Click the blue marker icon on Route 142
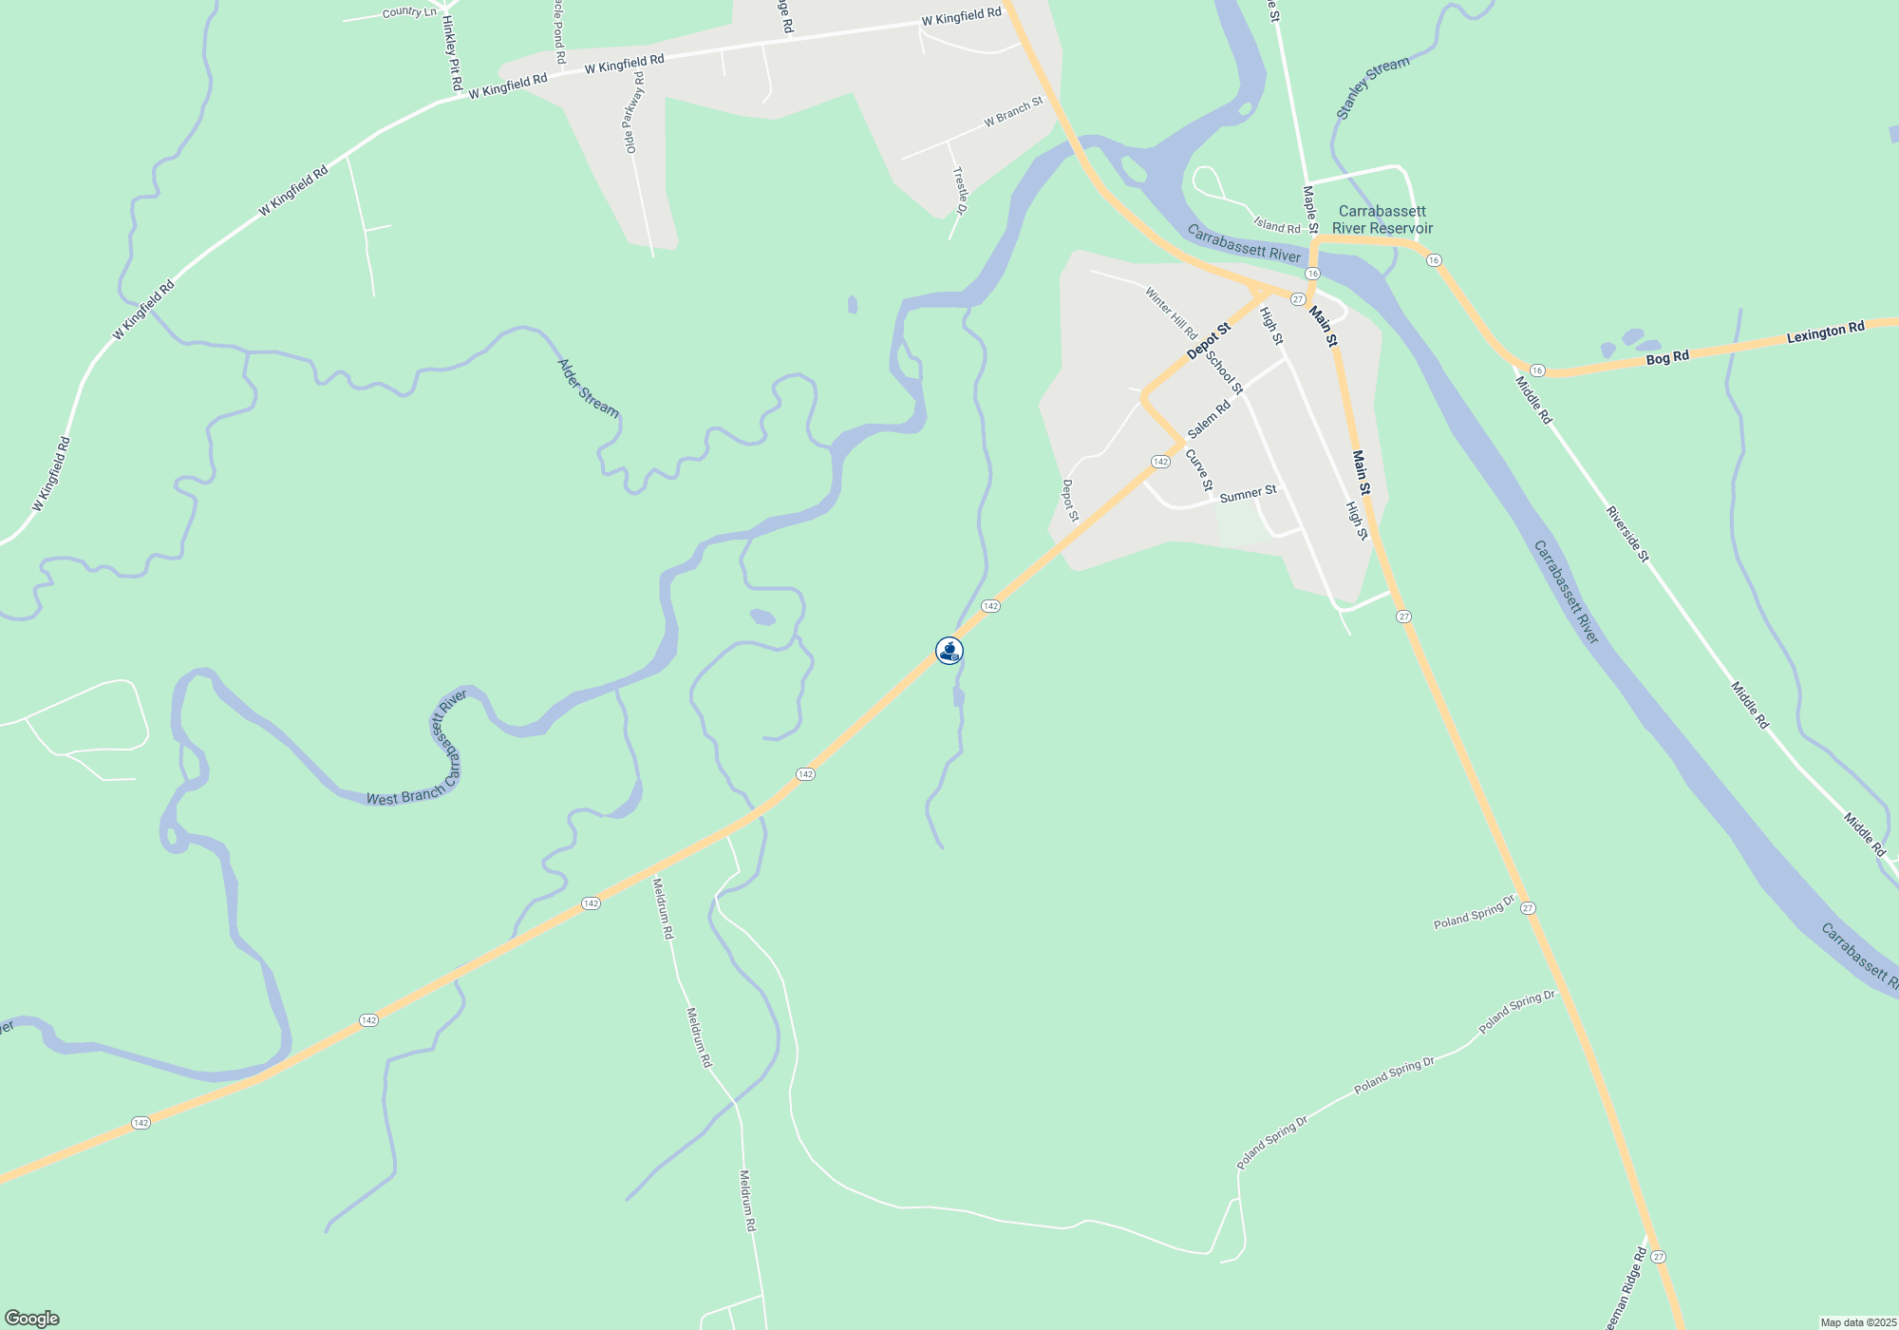tap(949, 651)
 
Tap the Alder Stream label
tap(588, 389)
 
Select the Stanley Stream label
tap(1372, 88)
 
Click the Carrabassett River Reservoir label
tap(1382, 219)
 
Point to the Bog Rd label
tap(1667, 358)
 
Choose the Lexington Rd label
tap(1825, 332)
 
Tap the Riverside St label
tap(1627, 534)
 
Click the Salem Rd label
tap(1209, 419)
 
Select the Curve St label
tap(1199, 470)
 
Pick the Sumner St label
tap(1248, 494)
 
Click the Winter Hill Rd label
tap(1171, 313)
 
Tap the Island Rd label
tap(1276, 226)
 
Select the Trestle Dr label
tap(961, 190)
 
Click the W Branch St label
tap(1013, 112)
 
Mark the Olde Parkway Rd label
tap(633, 112)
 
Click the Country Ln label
tap(409, 12)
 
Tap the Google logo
tap(32, 1319)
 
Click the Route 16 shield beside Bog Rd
tap(1537, 370)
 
